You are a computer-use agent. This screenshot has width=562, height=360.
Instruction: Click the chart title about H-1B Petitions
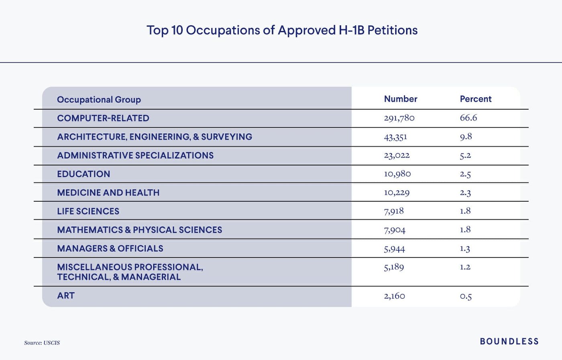(x=282, y=30)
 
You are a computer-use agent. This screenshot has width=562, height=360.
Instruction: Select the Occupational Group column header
(x=99, y=100)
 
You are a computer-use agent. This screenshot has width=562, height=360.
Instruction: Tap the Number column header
(x=400, y=99)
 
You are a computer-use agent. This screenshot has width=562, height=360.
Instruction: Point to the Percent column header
(x=475, y=99)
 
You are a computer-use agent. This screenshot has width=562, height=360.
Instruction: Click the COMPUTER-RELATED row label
(x=103, y=118)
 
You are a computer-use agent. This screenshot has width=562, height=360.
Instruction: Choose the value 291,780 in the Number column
(x=399, y=118)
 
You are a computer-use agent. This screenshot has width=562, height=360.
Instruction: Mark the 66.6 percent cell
(x=468, y=118)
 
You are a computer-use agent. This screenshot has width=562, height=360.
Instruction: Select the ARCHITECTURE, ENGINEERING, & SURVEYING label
(x=155, y=137)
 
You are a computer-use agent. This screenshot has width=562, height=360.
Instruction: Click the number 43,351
(x=395, y=137)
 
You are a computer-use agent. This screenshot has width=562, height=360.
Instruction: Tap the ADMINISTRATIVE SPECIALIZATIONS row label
(x=135, y=155)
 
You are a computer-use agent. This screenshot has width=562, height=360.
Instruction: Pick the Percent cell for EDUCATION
(x=465, y=174)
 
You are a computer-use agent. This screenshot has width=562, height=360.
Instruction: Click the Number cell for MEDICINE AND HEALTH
(x=397, y=192)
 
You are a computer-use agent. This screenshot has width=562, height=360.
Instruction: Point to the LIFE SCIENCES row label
(x=88, y=211)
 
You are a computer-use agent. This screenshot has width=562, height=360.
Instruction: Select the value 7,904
(x=394, y=230)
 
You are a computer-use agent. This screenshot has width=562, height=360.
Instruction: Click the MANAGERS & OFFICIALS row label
(x=110, y=248)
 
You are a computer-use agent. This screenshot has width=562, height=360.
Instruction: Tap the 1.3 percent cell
(x=465, y=249)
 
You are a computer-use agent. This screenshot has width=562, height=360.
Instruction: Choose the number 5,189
(x=394, y=267)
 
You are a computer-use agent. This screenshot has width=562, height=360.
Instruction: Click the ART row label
(x=66, y=296)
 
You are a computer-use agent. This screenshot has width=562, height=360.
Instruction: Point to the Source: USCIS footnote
(x=42, y=343)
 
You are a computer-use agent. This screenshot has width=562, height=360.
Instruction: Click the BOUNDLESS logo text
(x=509, y=342)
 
